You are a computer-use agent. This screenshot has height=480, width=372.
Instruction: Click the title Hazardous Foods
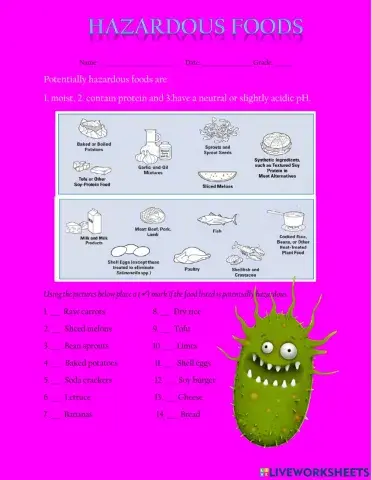(x=194, y=25)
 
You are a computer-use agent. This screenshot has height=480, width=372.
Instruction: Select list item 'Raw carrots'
(x=84, y=312)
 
